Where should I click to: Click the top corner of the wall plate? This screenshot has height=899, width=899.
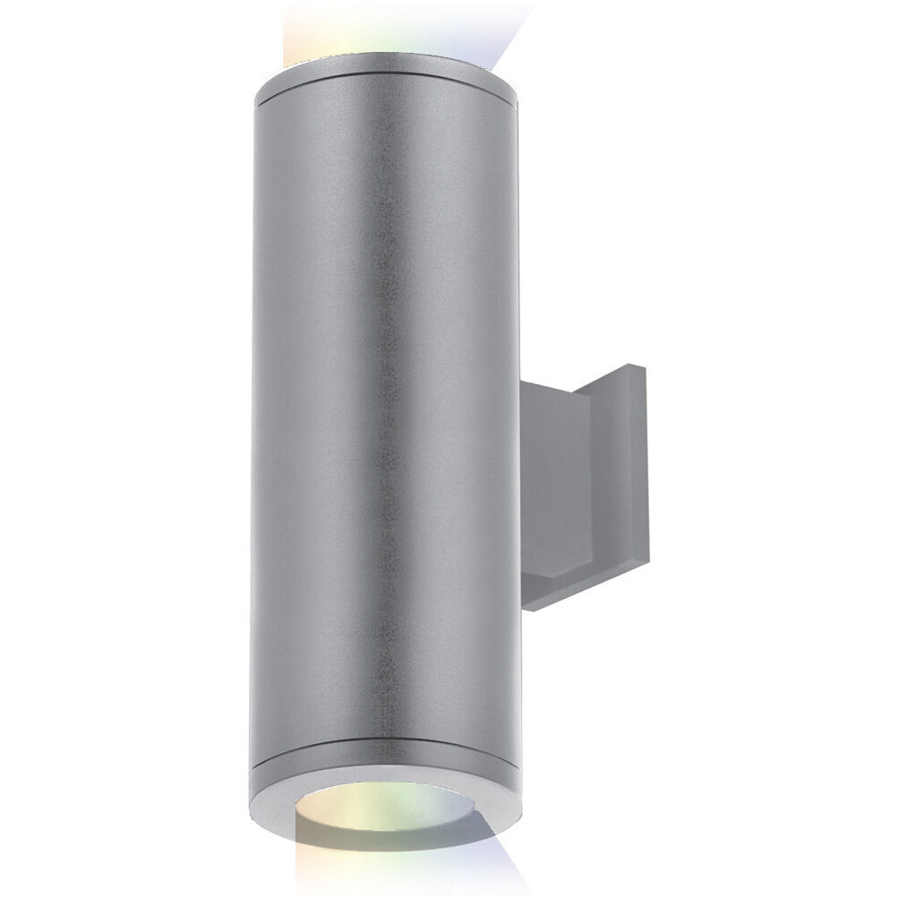coord(631,367)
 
